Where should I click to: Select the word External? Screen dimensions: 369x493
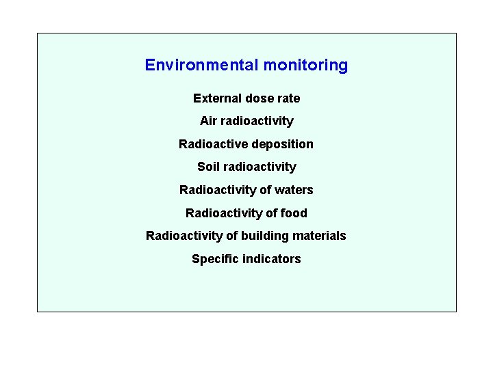click(216, 98)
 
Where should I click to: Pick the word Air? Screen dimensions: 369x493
click(208, 121)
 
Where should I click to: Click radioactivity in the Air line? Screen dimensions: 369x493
click(257, 121)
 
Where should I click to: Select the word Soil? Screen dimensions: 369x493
click(208, 167)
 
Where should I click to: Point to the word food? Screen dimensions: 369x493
click(294, 213)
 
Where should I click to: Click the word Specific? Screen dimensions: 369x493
click(215, 259)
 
